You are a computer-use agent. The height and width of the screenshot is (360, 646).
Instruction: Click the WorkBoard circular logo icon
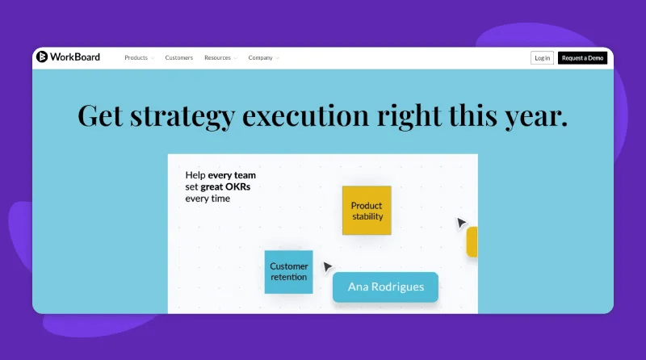(42, 57)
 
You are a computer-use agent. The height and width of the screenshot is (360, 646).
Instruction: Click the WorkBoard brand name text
(75, 57)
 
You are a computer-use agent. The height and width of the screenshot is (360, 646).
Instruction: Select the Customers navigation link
(178, 58)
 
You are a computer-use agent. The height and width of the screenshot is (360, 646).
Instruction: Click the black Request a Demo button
(582, 58)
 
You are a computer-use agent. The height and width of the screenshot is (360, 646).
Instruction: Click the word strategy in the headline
(182, 116)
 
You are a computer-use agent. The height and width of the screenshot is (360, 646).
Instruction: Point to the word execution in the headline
(305, 115)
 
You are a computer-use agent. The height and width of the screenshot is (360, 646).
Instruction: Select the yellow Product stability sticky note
(367, 211)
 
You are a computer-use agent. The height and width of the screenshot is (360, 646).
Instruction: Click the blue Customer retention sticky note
(288, 272)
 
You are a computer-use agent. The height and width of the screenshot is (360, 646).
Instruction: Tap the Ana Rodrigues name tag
(386, 287)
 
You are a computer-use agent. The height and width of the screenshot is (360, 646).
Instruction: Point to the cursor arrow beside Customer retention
(327, 266)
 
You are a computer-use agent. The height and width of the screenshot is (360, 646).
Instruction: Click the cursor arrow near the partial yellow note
(460, 223)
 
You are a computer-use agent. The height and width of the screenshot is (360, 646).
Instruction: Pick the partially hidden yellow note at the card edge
(472, 242)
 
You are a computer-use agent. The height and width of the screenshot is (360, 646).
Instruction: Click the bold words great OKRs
(225, 187)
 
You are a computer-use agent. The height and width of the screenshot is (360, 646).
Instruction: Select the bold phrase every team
(232, 175)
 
